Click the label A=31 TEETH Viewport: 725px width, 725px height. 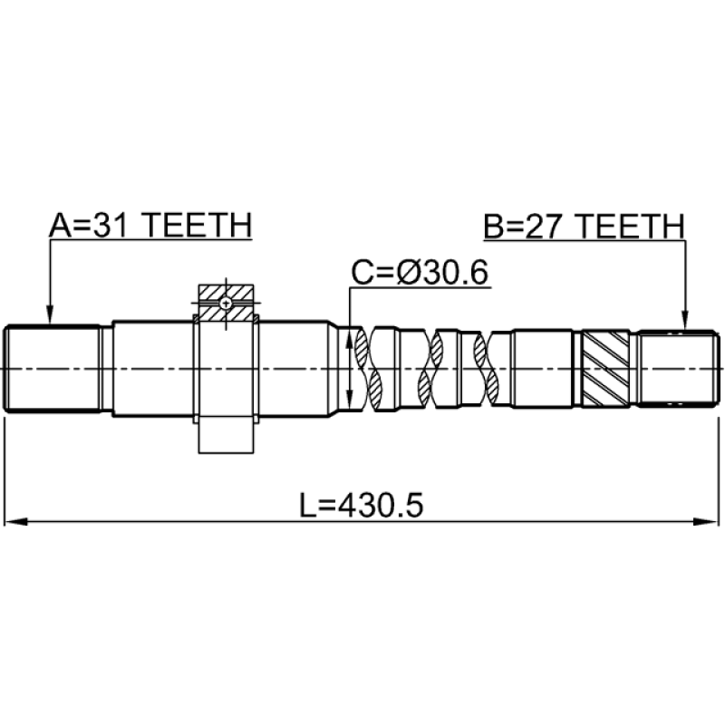tap(150, 225)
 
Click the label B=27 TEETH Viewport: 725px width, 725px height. tap(584, 227)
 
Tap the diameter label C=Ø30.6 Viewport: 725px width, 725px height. tap(420, 273)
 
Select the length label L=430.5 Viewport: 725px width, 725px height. tap(361, 506)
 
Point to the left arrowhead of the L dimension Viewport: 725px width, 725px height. tap(14, 522)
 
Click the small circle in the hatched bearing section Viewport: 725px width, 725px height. tap(226, 304)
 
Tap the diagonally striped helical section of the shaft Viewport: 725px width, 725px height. tap(604, 369)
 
